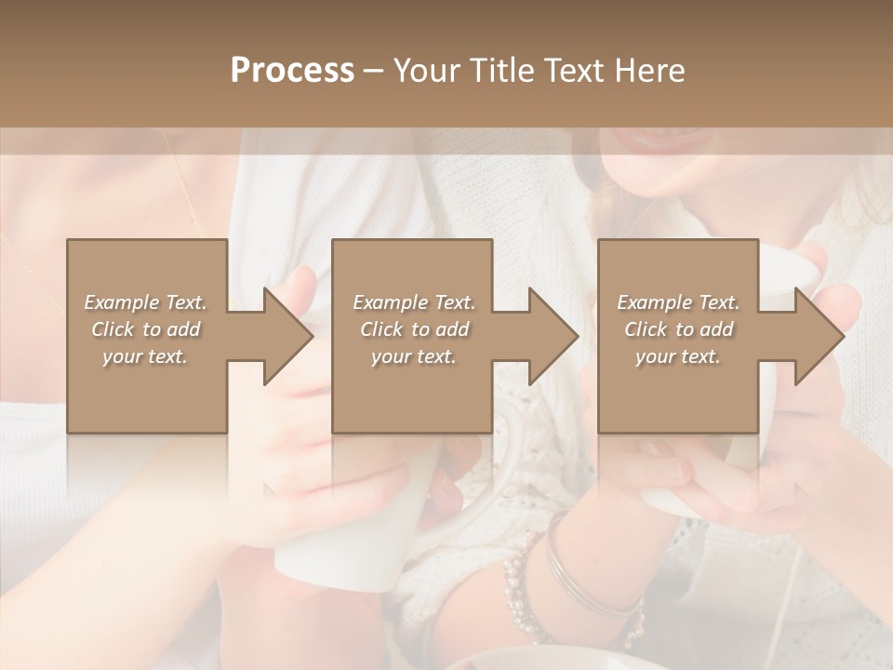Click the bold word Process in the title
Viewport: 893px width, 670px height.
(x=292, y=71)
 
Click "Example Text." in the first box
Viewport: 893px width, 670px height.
(x=145, y=302)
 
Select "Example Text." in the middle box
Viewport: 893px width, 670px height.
(x=414, y=302)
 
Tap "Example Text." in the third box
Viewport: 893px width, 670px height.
(x=678, y=302)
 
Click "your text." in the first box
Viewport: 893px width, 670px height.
(x=145, y=356)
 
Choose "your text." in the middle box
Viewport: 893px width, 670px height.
(x=414, y=356)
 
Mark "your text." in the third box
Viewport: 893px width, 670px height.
(x=678, y=356)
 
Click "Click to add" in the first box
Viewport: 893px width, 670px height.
(x=145, y=329)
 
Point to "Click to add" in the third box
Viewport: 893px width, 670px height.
(x=678, y=329)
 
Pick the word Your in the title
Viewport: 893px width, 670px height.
(x=427, y=71)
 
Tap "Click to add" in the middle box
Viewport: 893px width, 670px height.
(x=414, y=329)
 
